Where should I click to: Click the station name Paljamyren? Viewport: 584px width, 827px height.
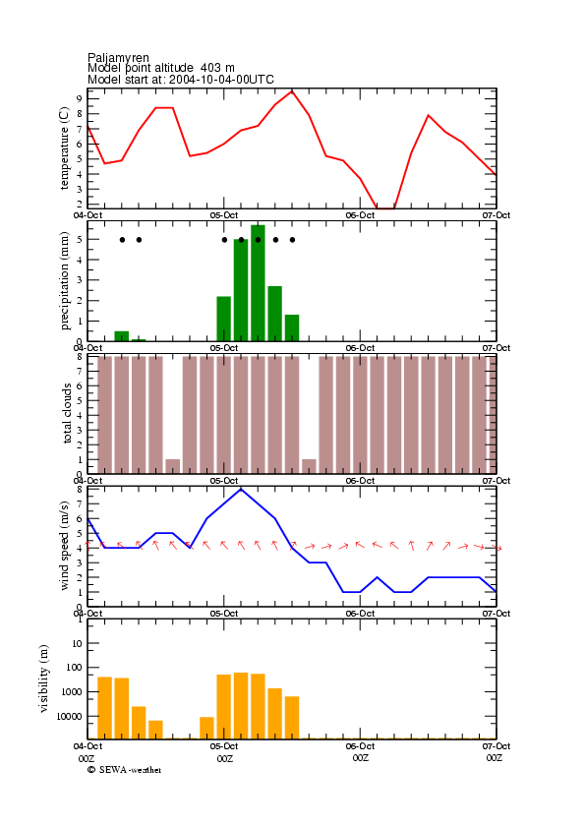point(118,57)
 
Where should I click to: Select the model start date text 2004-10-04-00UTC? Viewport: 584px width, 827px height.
point(221,80)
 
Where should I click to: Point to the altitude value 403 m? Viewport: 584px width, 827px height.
point(217,68)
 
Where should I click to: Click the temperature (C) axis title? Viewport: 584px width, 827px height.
point(64,148)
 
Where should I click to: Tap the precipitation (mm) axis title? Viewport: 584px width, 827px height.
point(64,280)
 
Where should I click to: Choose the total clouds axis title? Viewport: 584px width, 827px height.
point(67,413)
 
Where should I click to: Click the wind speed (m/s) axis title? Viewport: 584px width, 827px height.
point(64,546)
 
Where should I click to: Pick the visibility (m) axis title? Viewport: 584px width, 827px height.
point(43,679)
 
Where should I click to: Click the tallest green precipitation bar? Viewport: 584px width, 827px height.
point(258,283)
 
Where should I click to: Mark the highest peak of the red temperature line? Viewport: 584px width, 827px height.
point(292,90)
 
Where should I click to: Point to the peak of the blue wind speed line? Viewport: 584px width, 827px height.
point(241,490)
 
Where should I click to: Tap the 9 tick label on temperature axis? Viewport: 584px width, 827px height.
point(79,98)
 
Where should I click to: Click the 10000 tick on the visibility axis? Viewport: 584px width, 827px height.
point(69,716)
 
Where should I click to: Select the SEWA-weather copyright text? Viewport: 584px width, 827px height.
point(125,770)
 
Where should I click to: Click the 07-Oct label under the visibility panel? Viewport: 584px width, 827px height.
point(496,746)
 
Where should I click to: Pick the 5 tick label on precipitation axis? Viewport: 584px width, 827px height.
point(79,240)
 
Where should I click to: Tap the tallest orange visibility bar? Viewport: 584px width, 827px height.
point(241,706)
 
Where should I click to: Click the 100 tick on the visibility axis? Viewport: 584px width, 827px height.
point(74,667)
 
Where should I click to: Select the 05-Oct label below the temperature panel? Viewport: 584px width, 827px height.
point(224,215)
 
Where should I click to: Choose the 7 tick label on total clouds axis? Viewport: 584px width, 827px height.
point(79,372)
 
